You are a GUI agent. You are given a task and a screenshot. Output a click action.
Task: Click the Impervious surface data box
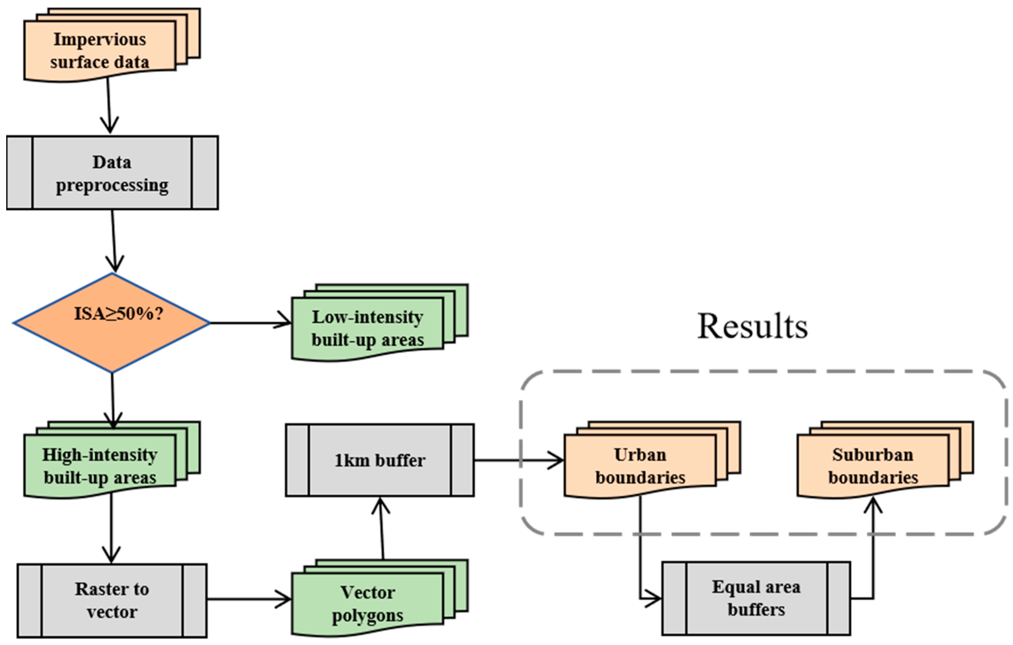(x=100, y=50)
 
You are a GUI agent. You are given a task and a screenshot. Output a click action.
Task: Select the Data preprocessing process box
(x=112, y=173)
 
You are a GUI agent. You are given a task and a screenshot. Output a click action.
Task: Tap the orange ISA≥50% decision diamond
(x=112, y=323)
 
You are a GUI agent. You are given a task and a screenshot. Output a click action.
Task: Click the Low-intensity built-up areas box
(x=367, y=329)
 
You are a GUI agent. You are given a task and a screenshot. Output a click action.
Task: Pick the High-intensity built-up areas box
(x=100, y=466)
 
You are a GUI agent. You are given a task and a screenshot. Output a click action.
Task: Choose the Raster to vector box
(x=112, y=600)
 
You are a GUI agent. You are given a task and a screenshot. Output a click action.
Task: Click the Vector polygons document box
(x=367, y=604)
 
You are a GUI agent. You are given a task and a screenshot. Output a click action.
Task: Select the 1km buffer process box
(x=380, y=460)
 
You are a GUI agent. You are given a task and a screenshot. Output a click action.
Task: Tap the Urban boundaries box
(x=640, y=466)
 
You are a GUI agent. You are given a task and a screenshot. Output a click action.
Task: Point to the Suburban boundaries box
(x=872, y=466)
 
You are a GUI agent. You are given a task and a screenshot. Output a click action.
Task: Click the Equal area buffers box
(x=756, y=598)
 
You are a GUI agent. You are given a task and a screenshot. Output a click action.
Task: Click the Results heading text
(x=753, y=326)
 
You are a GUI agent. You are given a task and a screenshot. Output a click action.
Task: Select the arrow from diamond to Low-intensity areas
(x=250, y=323)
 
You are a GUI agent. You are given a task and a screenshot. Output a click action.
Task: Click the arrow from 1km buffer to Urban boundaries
(x=518, y=460)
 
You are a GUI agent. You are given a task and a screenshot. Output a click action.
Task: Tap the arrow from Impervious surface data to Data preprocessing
(x=109, y=105)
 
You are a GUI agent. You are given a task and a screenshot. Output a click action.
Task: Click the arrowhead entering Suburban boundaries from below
(x=872, y=505)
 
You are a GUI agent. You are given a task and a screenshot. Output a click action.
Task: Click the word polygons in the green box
(x=367, y=615)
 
